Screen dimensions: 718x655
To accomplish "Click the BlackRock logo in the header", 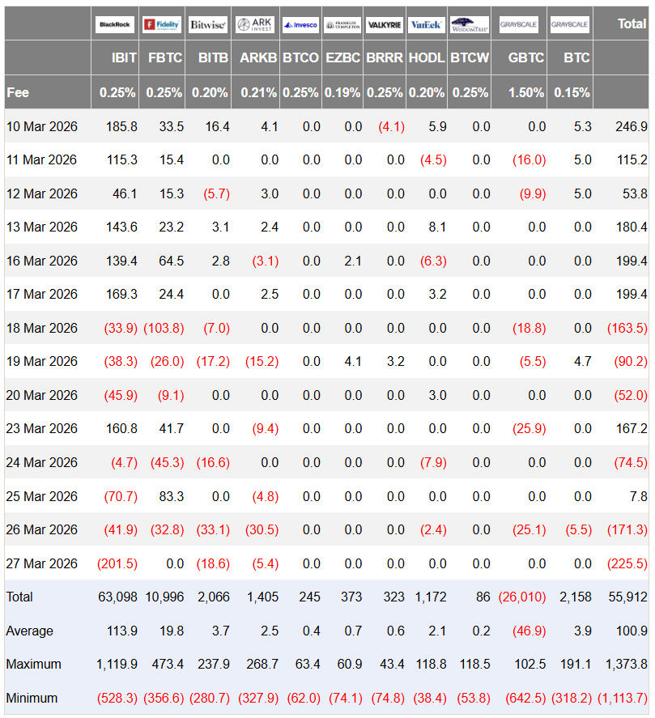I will (114, 24).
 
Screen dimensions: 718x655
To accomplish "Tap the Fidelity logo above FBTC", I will (161, 24).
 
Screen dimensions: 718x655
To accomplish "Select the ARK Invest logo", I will (256, 24).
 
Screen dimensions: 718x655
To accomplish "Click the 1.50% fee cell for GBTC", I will (526, 92).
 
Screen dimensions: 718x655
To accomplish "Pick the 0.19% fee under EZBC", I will (342, 92).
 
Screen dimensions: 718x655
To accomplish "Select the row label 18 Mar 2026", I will (41, 328).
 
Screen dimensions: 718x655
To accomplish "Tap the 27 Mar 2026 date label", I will (41, 563).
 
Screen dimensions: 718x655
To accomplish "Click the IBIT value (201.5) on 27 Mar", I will (117, 563).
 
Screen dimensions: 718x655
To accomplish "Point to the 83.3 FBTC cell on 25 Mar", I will (171, 495).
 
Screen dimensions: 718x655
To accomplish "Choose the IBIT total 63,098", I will (117, 597).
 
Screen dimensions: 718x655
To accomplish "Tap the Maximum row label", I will (33, 664).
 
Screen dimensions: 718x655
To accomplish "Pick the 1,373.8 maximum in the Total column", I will (626, 664).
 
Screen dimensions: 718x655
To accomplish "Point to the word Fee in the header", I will (18, 92).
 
